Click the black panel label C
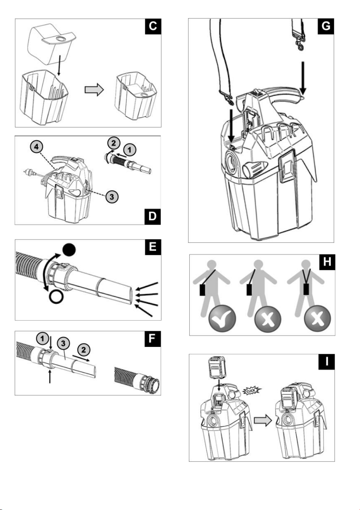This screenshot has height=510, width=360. (x=153, y=27)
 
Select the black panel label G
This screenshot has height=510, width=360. (x=326, y=27)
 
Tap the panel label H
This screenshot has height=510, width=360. (x=327, y=262)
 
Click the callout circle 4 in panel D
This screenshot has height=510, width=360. (x=37, y=147)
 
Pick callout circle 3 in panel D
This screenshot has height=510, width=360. (x=112, y=197)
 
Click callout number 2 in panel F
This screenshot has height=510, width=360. (x=84, y=350)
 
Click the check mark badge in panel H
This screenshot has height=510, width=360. (x=222, y=318)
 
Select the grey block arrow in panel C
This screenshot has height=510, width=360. (x=94, y=89)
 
